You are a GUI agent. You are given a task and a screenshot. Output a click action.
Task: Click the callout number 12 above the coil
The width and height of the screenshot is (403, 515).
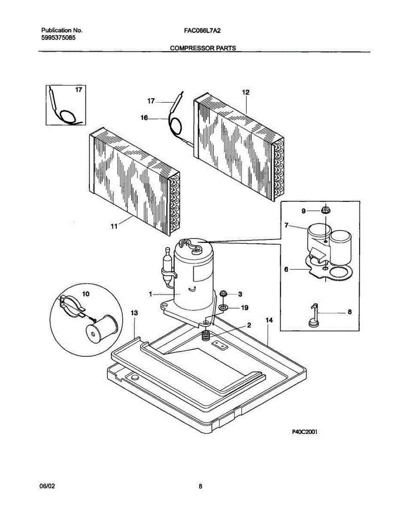[245, 92]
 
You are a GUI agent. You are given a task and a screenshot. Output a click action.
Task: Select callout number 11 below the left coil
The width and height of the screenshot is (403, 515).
[114, 226]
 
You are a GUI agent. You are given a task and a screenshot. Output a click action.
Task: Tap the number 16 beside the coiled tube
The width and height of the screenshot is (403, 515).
[144, 118]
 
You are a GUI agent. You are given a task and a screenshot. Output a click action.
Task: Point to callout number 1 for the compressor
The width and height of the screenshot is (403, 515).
[151, 294]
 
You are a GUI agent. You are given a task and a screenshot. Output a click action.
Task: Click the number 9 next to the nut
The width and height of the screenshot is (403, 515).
[303, 211]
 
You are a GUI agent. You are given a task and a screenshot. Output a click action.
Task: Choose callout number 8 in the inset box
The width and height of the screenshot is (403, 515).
[349, 312]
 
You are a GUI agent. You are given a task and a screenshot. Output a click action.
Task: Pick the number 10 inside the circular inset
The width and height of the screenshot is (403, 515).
[86, 294]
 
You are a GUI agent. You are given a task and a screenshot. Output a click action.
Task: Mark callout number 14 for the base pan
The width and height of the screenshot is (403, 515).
[269, 320]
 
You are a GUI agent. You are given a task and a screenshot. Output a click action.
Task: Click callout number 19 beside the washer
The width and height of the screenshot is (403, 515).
[244, 308]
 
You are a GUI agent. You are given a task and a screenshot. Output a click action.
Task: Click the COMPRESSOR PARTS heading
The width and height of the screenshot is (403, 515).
[203, 48]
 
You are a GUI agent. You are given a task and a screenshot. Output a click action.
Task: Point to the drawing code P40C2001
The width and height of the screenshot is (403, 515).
[305, 432]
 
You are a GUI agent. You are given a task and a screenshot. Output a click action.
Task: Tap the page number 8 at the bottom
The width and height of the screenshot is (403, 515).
[200, 486]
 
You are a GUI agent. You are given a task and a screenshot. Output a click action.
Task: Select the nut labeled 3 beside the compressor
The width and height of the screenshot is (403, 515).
[224, 294]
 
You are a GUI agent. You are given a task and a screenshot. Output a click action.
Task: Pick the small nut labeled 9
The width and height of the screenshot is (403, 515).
[325, 210]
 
